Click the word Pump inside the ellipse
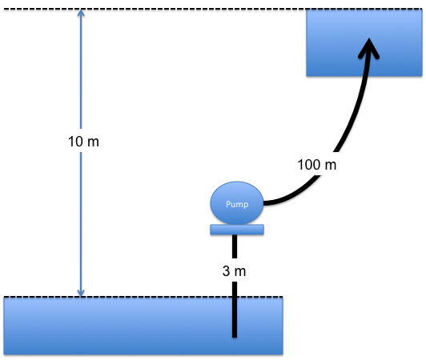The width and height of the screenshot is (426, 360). pos(237,204)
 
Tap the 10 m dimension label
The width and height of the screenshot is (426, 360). pos(83,142)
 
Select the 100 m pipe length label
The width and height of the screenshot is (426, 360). pos(317,165)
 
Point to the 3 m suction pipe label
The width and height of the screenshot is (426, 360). pos(234,271)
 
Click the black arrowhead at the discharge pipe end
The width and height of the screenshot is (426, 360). pos(368,48)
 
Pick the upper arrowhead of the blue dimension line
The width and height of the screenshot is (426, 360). pos(81,13)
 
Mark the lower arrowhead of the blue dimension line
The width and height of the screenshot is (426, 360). pos(81,294)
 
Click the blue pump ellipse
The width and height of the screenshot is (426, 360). pos(237,203)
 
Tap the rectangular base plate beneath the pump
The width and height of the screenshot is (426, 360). pos(237,230)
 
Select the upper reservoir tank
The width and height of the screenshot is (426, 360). pos(364,42)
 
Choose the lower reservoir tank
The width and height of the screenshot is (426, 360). pos(143,326)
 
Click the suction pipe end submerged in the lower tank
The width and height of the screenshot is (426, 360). pos(235,337)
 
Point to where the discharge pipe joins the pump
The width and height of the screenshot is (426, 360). pos(264,203)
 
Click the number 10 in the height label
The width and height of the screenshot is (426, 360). pos(75,142)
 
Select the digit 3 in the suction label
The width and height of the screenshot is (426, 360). pos(226,271)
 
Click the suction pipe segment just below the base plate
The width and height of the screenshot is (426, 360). pos(235,246)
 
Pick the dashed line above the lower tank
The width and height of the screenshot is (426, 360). pos(143,297)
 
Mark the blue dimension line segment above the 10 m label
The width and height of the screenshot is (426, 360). pos(81,69)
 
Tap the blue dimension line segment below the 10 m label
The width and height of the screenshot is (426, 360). pos(81,224)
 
